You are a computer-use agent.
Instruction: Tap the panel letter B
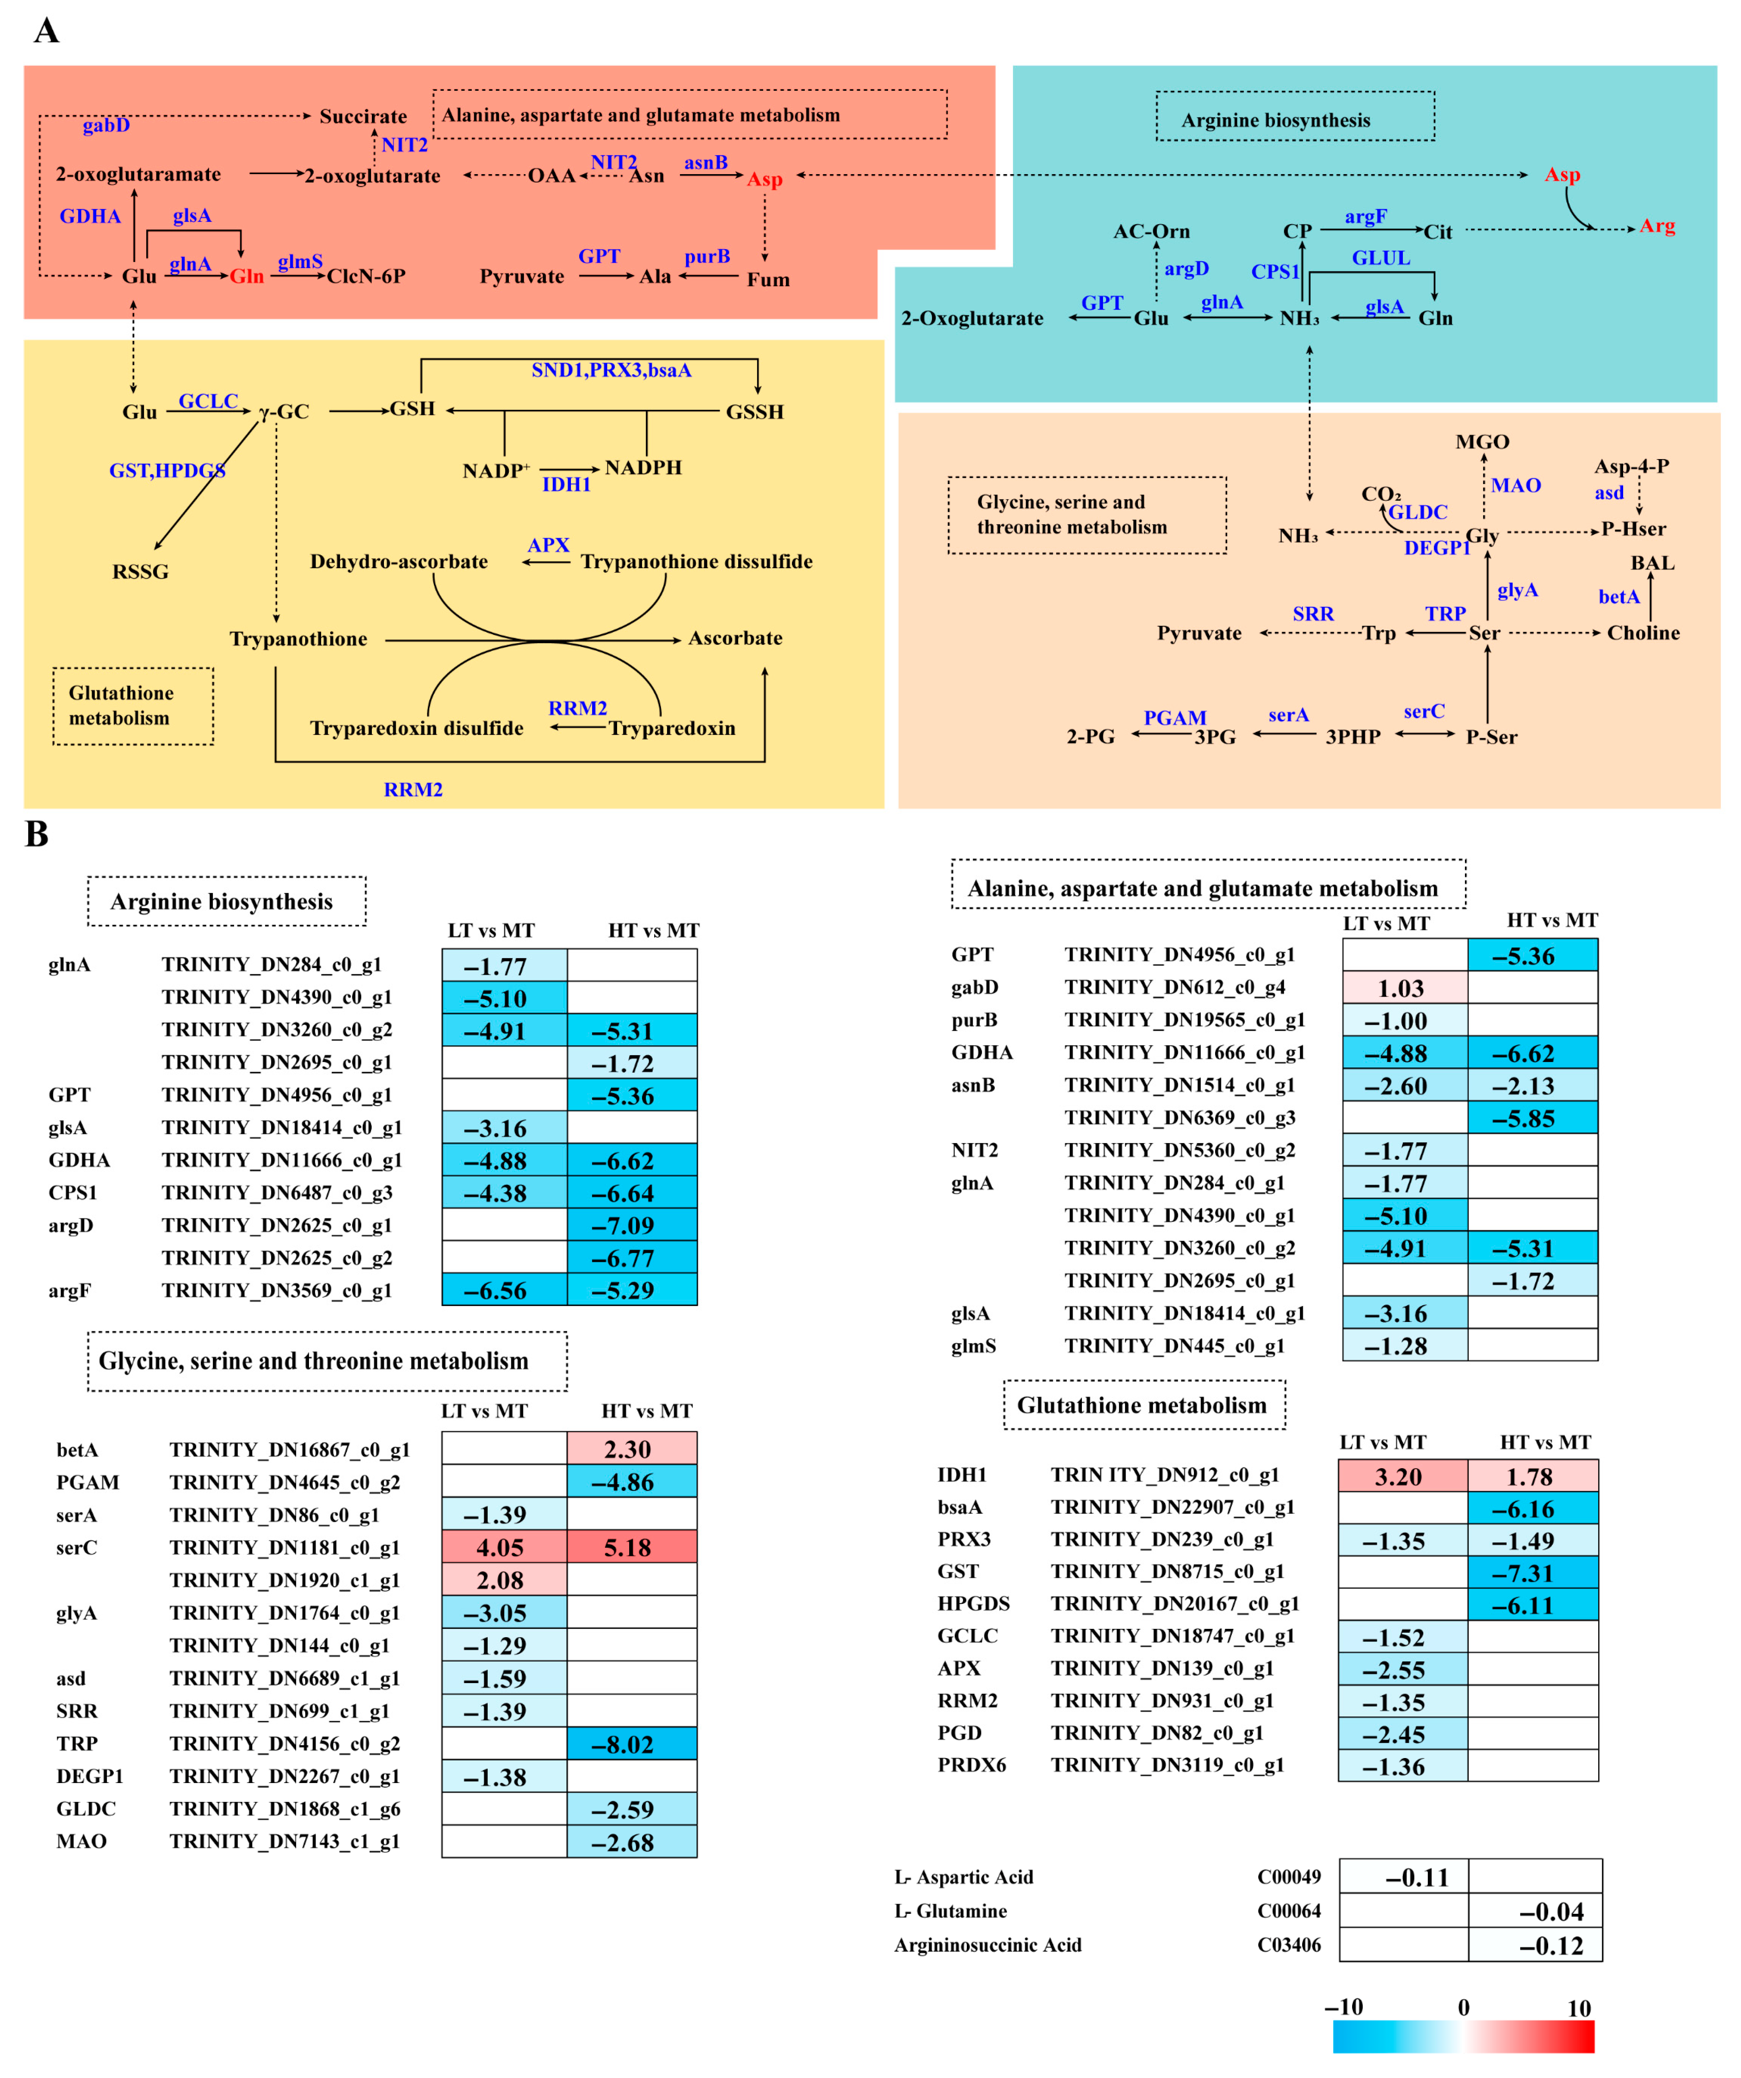point(37,834)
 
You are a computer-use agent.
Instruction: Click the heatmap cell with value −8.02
point(631,1743)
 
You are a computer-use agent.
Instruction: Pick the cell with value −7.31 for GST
point(1531,1572)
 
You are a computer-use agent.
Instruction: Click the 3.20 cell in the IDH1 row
point(1402,1476)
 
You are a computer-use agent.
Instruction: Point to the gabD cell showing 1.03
point(1404,987)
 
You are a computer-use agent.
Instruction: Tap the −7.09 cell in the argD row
point(631,1225)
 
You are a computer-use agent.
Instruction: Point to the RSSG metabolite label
point(140,572)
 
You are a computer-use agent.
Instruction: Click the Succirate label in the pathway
point(363,117)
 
